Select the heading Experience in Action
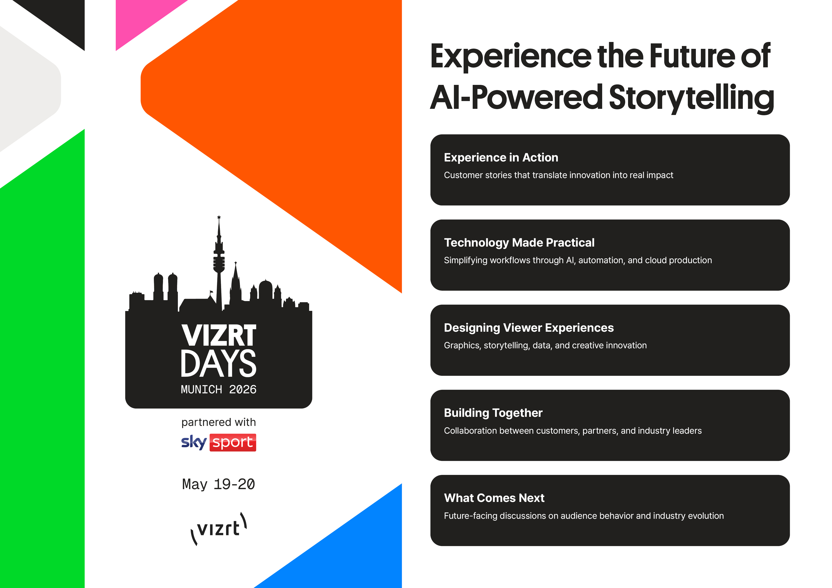501,158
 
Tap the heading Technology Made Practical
519,243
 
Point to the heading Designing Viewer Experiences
529,328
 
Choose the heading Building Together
493,413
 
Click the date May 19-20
218,484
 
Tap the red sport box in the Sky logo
233,442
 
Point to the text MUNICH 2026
218,390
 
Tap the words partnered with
218,423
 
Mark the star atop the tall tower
219,217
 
